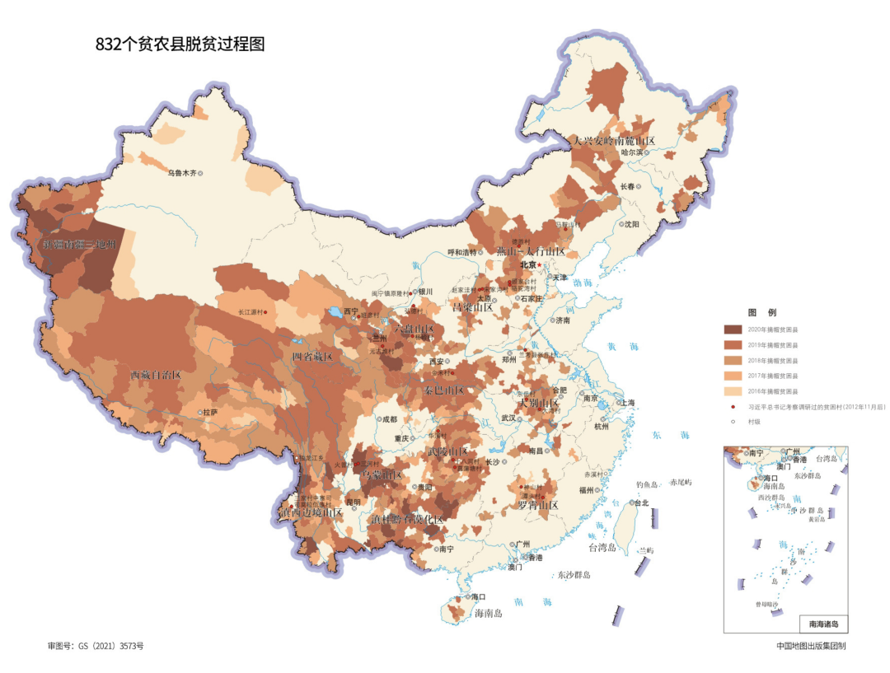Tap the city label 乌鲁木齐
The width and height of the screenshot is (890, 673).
point(183,173)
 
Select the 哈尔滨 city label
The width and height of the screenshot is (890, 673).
point(632,152)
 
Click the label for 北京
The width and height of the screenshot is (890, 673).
point(527,264)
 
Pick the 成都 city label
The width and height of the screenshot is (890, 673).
point(388,419)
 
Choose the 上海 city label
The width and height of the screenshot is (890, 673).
point(628,403)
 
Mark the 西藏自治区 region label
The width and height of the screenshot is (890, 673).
point(156,374)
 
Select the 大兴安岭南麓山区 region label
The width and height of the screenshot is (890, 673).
point(614,141)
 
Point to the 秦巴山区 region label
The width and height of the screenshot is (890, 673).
point(444,390)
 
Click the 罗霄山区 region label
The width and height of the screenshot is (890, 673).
point(538,505)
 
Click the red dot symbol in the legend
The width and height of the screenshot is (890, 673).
point(733,406)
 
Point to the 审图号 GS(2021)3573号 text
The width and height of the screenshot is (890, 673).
point(101,646)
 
